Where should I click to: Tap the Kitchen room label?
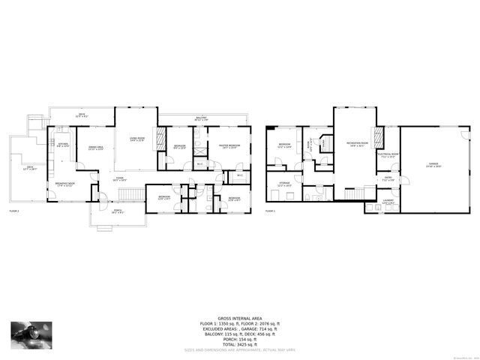click(x=63, y=145)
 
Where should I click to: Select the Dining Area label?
click(x=96, y=148)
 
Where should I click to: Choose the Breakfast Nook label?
click(x=64, y=184)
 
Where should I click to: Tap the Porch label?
click(x=118, y=212)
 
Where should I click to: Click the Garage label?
click(x=433, y=164)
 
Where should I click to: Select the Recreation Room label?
click(x=356, y=144)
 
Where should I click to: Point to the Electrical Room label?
click(x=387, y=157)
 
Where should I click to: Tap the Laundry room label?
click(x=388, y=201)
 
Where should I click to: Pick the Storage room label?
click(x=284, y=183)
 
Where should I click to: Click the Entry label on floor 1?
click(x=388, y=180)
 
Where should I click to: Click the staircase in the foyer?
click(x=131, y=195)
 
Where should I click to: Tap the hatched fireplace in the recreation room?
click(x=379, y=136)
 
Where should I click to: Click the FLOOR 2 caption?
click(x=14, y=212)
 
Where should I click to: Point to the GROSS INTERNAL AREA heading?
click(x=239, y=318)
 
